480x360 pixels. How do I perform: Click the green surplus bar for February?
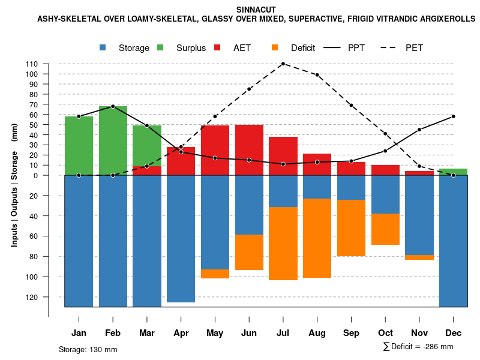point(113,140)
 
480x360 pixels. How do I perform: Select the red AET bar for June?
point(249,150)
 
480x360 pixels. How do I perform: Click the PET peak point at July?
point(283,64)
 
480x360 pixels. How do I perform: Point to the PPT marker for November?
point(419,130)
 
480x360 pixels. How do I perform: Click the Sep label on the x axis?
point(351,333)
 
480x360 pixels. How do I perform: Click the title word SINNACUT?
point(256,10)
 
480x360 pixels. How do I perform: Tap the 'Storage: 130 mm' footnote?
point(88,349)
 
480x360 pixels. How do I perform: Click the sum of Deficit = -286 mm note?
point(418,347)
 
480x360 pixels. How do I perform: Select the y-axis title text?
point(14,185)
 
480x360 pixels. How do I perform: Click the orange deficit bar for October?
point(385,229)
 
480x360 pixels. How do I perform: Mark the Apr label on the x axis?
point(181,333)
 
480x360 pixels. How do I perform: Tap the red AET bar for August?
point(317,164)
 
